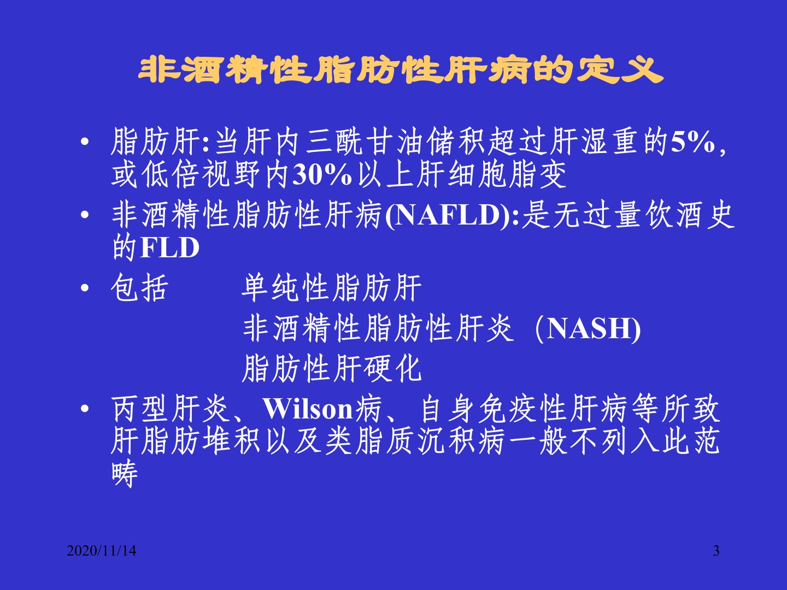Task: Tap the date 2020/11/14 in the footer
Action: click(102, 551)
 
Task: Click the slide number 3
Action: click(716, 551)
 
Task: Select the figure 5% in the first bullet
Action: click(692, 142)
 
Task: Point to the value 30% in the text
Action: click(322, 175)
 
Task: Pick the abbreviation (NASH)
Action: click(588, 329)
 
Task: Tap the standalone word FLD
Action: click(169, 247)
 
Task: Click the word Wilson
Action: click(308, 409)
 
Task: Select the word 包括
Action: click(139, 288)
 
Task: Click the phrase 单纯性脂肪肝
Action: click(332, 288)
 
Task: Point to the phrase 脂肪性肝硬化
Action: click(332, 368)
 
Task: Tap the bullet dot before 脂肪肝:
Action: click(85, 142)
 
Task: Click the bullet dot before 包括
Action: click(85, 288)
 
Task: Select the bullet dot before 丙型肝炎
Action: click(85, 409)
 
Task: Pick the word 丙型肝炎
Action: click(171, 409)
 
